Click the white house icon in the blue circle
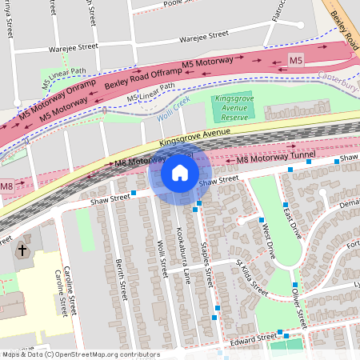(x=180, y=173)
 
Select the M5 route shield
(x=296, y=60)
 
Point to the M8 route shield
(x=6, y=186)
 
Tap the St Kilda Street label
(x=251, y=274)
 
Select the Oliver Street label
(x=298, y=308)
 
